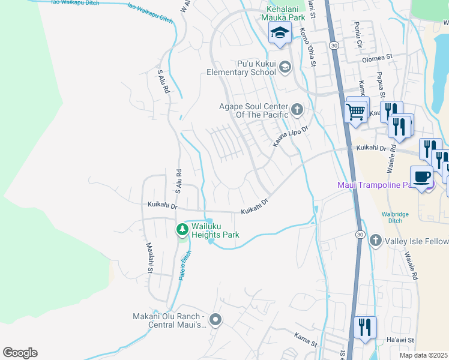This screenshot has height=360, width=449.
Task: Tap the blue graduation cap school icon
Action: (279, 34)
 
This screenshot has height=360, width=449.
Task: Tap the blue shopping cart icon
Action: (356, 110)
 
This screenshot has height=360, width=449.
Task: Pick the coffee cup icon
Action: (422, 176)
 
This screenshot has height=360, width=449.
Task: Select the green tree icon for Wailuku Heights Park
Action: (182, 230)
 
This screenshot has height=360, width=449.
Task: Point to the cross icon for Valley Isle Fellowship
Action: (376, 241)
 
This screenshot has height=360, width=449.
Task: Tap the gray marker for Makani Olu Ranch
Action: (216, 320)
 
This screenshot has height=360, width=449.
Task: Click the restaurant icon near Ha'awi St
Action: (364, 328)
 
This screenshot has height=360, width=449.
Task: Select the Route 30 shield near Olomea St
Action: (334, 46)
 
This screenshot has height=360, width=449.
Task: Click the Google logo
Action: (20, 352)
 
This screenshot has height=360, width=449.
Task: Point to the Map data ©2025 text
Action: (423, 355)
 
